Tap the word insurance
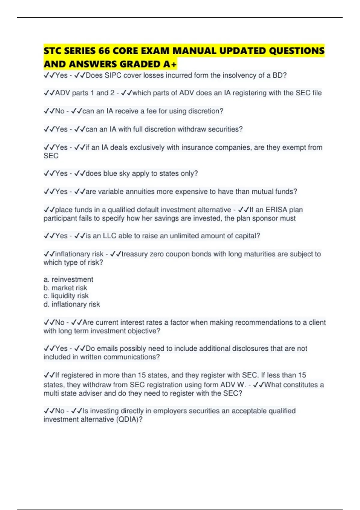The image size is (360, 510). point(199,147)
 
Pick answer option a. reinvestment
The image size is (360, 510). point(68,279)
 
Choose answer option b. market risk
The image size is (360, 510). point(65,288)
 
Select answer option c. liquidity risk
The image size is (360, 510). point(66,296)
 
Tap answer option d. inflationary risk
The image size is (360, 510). point(72,304)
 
